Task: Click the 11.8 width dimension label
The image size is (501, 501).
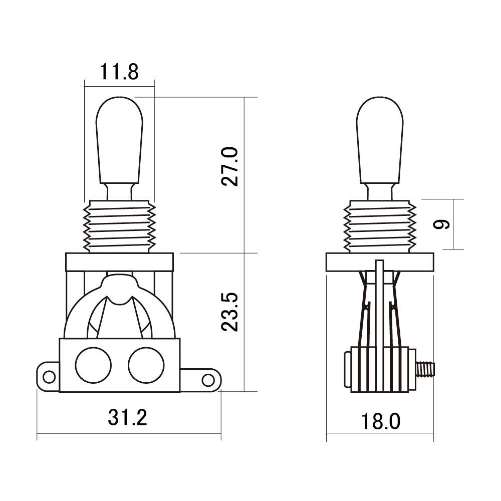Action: click(x=119, y=72)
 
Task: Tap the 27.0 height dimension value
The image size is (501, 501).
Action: click(x=230, y=166)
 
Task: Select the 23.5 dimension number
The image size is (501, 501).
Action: click(x=230, y=312)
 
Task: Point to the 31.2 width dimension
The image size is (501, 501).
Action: click(x=127, y=417)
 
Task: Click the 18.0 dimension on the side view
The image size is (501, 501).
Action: click(x=381, y=421)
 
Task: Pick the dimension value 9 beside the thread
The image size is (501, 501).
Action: click(x=441, y=224)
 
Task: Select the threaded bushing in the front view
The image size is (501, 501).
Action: click(x=120, y=226)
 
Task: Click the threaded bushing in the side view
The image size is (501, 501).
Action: click(x=380, y=226)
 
